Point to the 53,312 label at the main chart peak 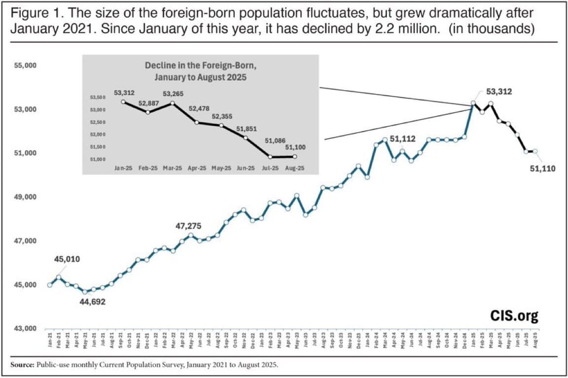pyautogui.click(x=499, y=91)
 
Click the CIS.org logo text pyautogui.click(x=513, y=315)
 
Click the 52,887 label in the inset pyautogui.click(x=147, y=103)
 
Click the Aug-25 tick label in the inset pyautogui.click(x=295, y=168)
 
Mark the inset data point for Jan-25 pyautogui.click(x=123, y=102)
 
